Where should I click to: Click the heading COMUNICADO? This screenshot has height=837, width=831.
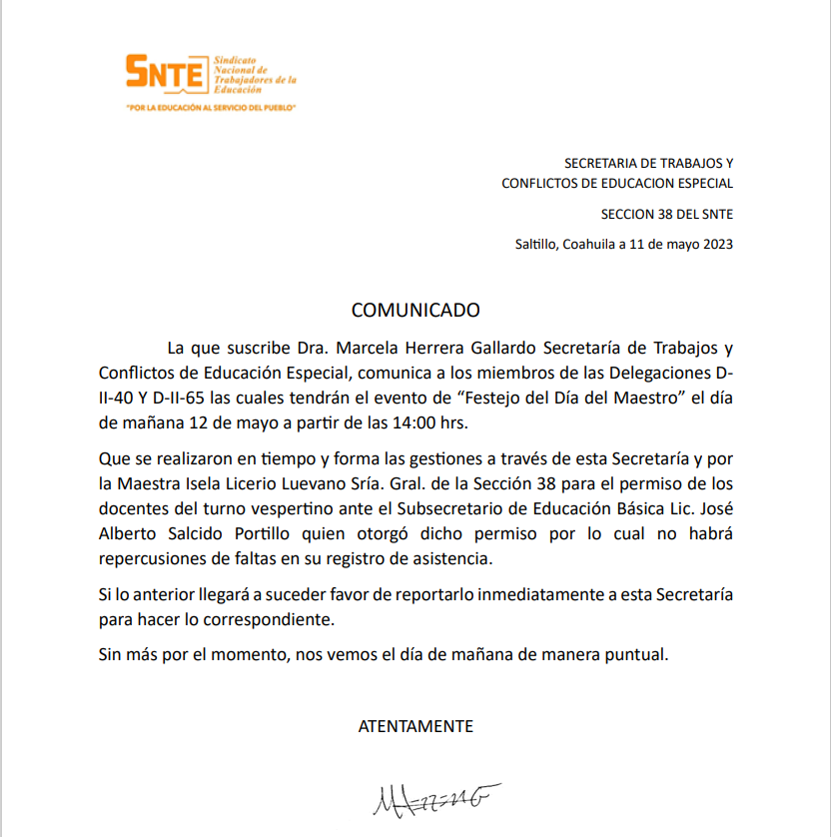[415, 311]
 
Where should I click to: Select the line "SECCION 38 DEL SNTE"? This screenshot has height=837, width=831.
[667, 214]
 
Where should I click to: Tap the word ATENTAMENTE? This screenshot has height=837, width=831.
[415, 726]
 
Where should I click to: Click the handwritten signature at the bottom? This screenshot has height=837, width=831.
[434, 798]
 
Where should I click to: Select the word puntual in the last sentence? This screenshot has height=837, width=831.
[635, 656]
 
